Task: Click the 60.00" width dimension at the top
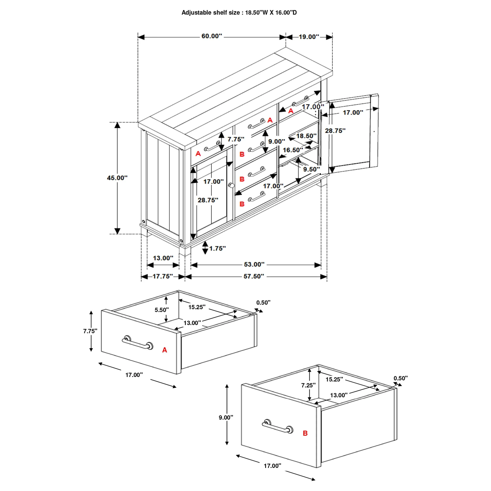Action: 212,36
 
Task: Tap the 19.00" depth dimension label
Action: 309,37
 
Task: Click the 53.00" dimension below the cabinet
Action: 254,265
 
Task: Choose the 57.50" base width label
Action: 254,276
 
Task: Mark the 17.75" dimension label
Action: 163,276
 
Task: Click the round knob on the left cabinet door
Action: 231,185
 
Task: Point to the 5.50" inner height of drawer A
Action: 162,310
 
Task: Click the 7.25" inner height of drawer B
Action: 308,385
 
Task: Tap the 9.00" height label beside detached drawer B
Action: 226,417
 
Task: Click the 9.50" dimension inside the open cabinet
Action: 311,169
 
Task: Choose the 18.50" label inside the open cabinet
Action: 306,136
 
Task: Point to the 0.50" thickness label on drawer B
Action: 400,378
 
